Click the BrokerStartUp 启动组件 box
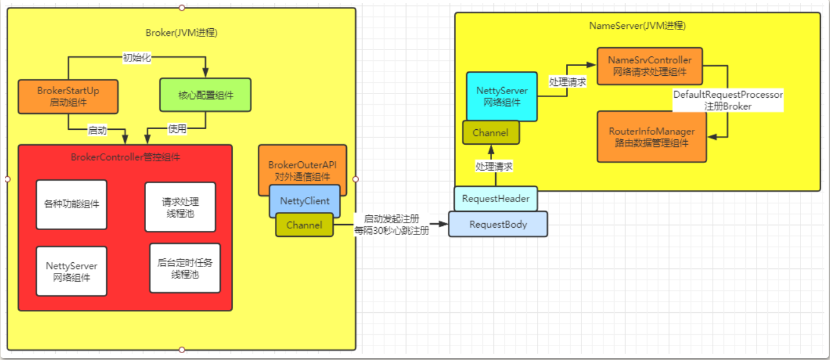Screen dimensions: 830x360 68,97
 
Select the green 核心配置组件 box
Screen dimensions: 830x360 205,95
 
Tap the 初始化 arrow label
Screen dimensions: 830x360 137,58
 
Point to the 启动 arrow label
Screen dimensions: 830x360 97,130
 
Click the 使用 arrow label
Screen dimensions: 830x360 177,129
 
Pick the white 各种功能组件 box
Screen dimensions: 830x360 72,205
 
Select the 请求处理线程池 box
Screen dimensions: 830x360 181,207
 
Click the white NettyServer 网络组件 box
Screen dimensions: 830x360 72,271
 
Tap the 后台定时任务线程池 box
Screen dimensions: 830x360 185,268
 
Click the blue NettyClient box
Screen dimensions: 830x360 304,201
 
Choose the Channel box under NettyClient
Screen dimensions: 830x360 304,225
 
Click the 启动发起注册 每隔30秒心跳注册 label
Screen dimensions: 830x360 391,225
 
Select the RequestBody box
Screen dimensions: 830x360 498,224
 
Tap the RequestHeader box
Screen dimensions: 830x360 496,199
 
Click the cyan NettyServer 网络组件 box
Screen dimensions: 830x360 502,97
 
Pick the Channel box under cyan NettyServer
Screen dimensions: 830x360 491,132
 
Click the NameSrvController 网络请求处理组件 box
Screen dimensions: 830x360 650,66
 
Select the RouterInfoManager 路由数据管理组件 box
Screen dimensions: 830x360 652,137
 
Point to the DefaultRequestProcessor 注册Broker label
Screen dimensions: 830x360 728,100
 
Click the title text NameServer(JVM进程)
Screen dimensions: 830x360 637,26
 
